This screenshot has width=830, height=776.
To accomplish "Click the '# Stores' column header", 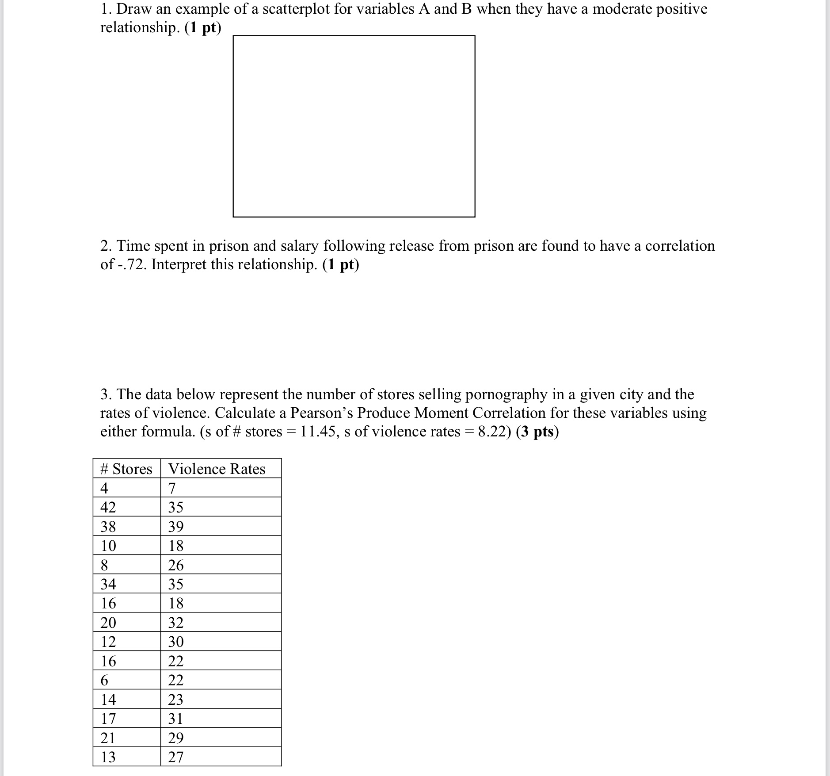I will [126, 469].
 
